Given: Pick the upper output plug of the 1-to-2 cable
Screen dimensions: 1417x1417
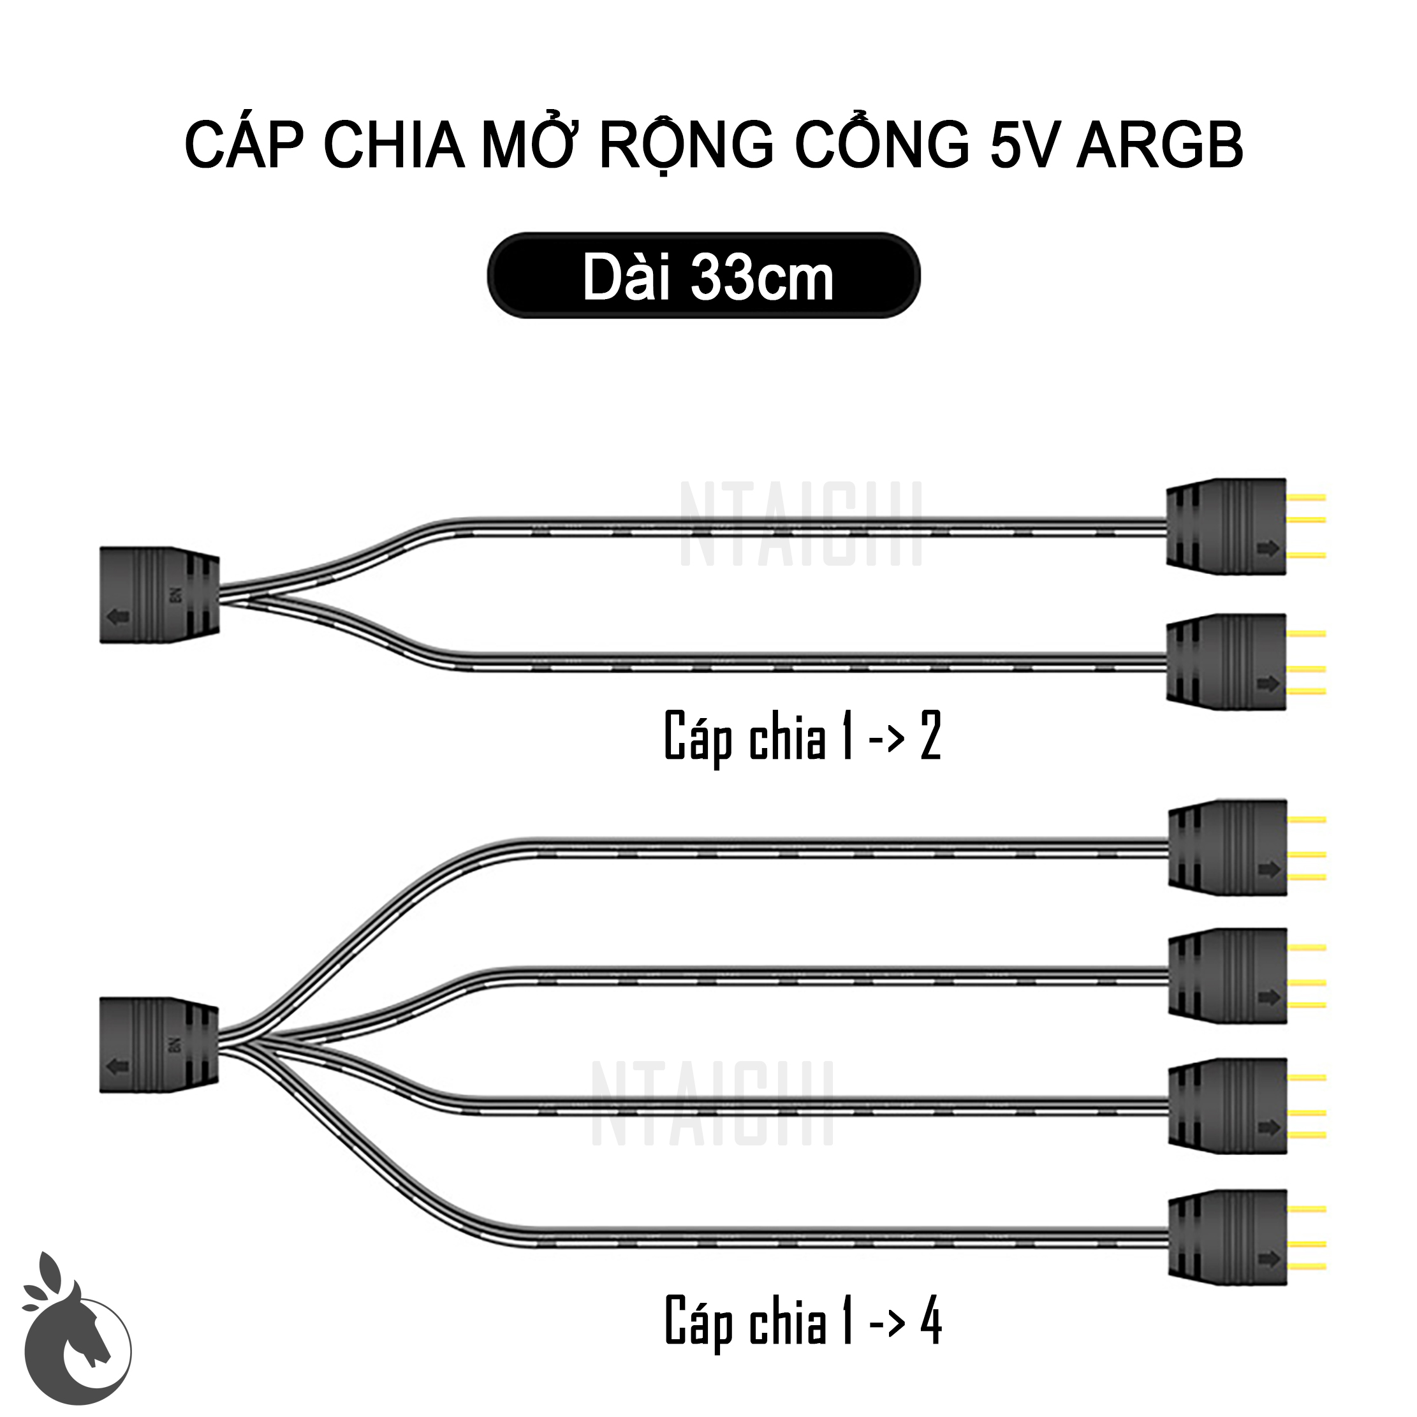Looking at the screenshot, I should tap(1226, 527).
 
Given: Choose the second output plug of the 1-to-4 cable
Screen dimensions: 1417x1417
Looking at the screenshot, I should tap(1228, 976).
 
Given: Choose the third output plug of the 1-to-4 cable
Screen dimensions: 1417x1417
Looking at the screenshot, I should tap(1228, 1106).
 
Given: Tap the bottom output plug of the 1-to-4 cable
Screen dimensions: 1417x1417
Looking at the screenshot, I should tap(1228, 1237).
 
